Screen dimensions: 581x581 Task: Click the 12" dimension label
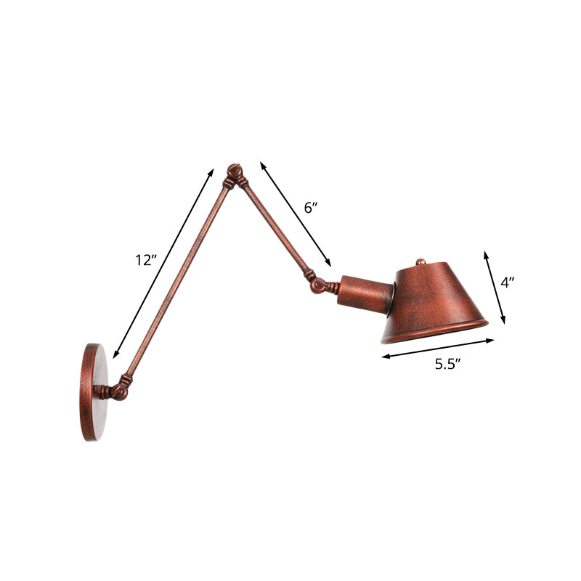[146, 260]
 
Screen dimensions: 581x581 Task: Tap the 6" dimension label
[311, 208]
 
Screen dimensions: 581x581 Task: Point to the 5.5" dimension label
[449, 365]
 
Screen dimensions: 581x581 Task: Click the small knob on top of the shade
[420, 259]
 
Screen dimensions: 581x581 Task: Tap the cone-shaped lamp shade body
[436, 294]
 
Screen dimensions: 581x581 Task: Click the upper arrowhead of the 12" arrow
[212, 171]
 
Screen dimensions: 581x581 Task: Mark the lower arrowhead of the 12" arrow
[115, 355]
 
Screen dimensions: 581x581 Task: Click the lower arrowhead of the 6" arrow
[329, 264]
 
